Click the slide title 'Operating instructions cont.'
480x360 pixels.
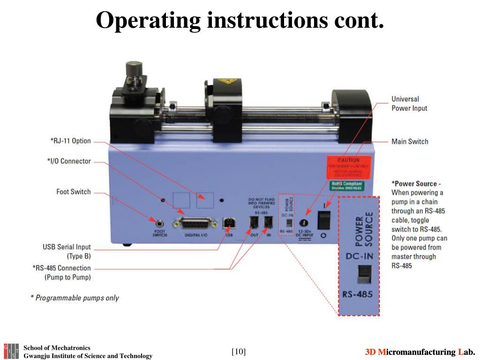pos(240,21)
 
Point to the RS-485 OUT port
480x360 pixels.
pos(254,223)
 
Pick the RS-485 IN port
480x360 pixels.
pos(268,223)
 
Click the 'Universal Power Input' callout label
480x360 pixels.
pos(409,104)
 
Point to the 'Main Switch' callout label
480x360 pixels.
pos(410,141)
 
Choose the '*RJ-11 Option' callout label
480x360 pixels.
pos(70,141)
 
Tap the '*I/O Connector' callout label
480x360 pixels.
pos(69,161)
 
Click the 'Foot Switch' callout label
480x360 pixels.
pos(74,192)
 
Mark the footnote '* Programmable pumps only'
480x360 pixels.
pos(75,298)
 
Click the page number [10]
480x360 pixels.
pos(239,352)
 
